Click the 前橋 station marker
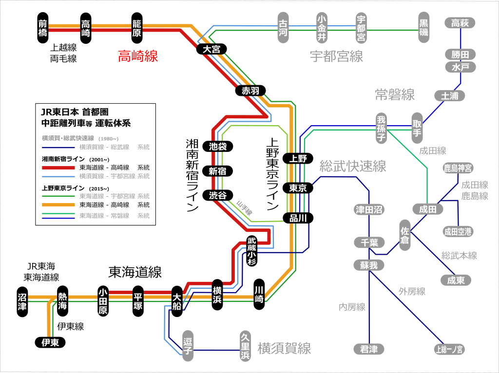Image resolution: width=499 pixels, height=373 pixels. pos(43,28)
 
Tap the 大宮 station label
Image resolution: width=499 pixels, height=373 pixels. pos(211,49)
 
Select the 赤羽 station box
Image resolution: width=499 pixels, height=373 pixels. pos(250,90)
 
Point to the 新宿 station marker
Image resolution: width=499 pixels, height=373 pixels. pos(218,171)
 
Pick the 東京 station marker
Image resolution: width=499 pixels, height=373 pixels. pos(298,188)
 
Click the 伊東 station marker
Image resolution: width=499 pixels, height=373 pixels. pos(50,343)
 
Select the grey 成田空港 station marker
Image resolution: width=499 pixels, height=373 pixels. pos(458,231)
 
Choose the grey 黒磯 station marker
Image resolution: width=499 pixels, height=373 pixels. pos(423,27)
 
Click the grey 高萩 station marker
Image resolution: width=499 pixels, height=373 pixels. pos(460,23)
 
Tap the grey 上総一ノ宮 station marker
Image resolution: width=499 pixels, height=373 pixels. pos(450,349)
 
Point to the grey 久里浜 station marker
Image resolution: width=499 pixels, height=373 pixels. pos(245,346)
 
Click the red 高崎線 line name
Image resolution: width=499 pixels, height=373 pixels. pos(138,56)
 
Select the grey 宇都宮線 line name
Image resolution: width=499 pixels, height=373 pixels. pos(336,56)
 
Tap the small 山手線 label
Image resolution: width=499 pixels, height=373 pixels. pos(244,209)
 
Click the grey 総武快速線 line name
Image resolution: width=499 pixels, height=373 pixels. pos(353,166)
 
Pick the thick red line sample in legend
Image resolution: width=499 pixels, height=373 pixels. pos(58,168)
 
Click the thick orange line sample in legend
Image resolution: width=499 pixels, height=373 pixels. pos(58,205)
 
